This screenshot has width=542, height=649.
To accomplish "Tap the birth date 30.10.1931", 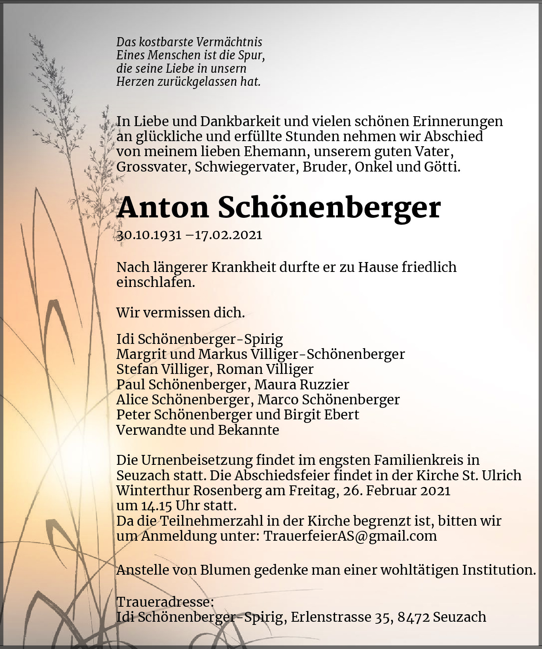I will point(149,235).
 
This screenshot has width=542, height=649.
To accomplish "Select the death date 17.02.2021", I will point(228,235).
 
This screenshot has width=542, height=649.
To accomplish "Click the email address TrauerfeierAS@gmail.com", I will point(350,536).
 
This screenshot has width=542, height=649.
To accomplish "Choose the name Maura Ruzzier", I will point(301,384).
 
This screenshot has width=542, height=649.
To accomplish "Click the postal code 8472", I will point(413,617).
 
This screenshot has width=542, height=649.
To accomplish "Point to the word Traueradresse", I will point(165,602).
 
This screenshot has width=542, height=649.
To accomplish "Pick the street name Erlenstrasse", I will point(330,617).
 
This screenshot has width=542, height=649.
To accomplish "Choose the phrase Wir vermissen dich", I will point(180,313).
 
